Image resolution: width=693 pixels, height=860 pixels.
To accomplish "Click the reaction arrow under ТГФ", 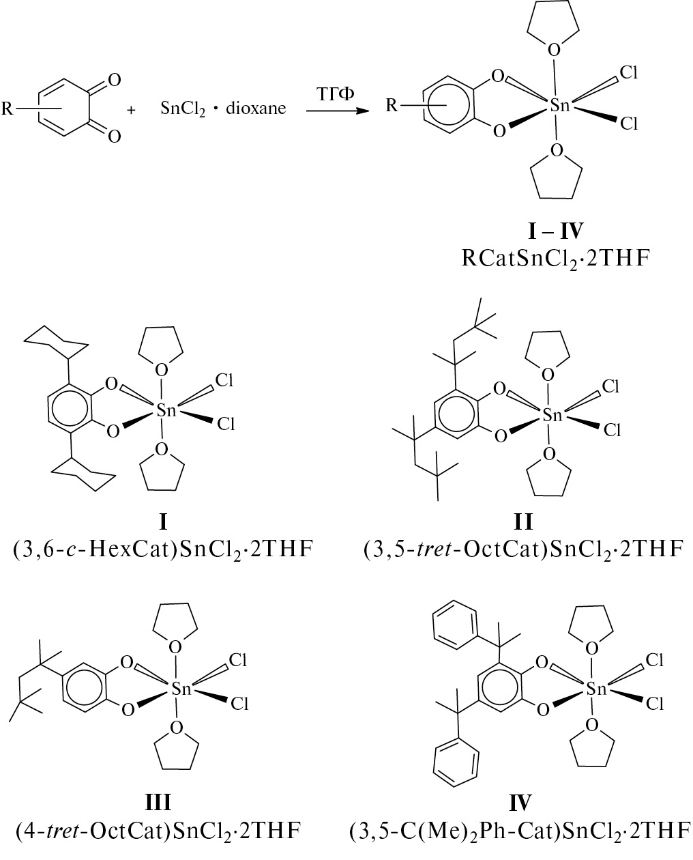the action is (x=338, y=111).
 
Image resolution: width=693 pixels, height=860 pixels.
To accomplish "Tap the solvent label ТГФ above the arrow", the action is (x=336, y=94).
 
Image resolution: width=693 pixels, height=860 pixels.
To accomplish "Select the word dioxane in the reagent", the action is (x=256, y=108).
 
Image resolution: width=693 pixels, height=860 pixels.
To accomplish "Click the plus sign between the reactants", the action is (x=131, y=110).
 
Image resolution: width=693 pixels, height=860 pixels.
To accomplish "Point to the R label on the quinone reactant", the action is (x=8, y=108).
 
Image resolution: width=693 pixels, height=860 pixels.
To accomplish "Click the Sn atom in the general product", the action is (x=559, y=105).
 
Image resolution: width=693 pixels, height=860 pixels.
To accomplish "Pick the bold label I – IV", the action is (x=556, y=231).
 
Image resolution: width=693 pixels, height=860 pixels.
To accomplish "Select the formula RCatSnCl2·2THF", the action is (x=556, y=259).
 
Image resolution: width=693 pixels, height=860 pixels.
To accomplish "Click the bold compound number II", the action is (x=523, y=522).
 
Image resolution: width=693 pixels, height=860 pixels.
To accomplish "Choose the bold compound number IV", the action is (x=520, y=803).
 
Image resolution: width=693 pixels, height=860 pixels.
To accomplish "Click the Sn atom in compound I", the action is (x=166, y=410).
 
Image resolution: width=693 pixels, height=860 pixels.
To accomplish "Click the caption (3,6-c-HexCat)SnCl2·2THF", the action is (x=163, y=549).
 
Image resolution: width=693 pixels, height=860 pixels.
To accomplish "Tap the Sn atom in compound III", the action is (x=181, y=689).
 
